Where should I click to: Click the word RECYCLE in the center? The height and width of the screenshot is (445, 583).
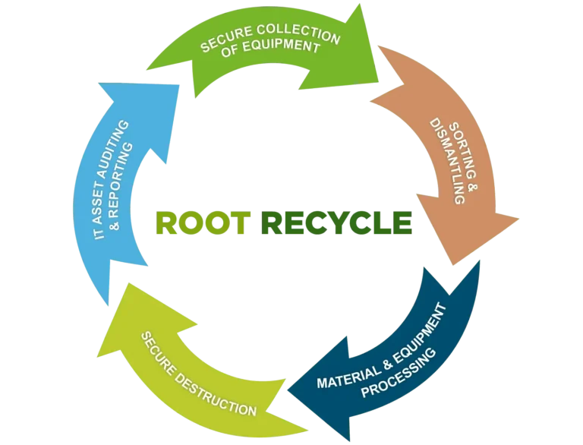click(x=336, y=222)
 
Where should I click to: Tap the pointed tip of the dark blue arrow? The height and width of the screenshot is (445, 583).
click(x=286, y=391)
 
